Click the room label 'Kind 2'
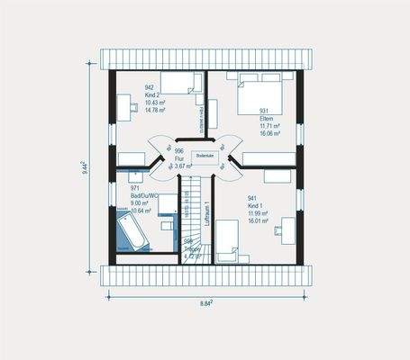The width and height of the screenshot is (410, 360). click(152, 94)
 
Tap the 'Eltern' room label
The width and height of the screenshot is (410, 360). click(266, 118)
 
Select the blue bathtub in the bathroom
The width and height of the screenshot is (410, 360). click(129, 230)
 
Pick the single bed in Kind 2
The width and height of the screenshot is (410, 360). click(178, 83)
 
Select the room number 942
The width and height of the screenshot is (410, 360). click(150, 87)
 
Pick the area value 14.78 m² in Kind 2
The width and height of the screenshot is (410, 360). click(155, 109)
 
